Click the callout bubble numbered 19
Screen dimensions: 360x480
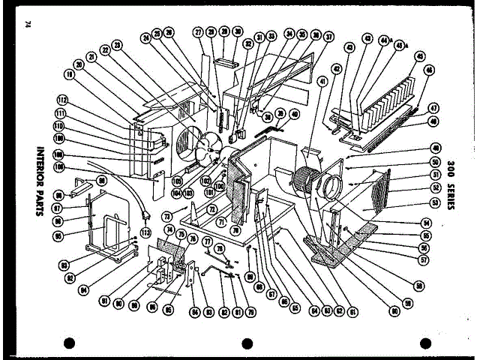point(69,76)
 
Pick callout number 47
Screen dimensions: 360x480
point(433,108)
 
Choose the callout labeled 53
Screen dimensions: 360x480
point(434,202)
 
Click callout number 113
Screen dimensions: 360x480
point(145,231)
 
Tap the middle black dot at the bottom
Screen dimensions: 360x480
point(247,344)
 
